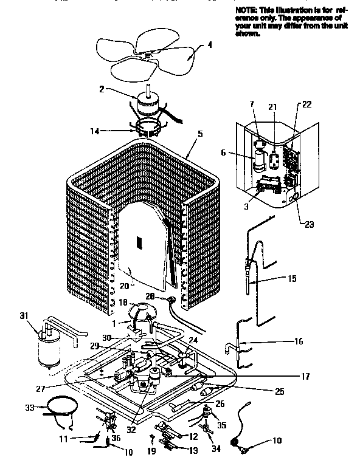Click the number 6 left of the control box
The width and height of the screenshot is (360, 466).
click(x=224, y=153)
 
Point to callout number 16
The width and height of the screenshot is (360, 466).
click(x=298, y=342)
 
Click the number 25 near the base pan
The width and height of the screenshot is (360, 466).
click(x=279, y=392)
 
